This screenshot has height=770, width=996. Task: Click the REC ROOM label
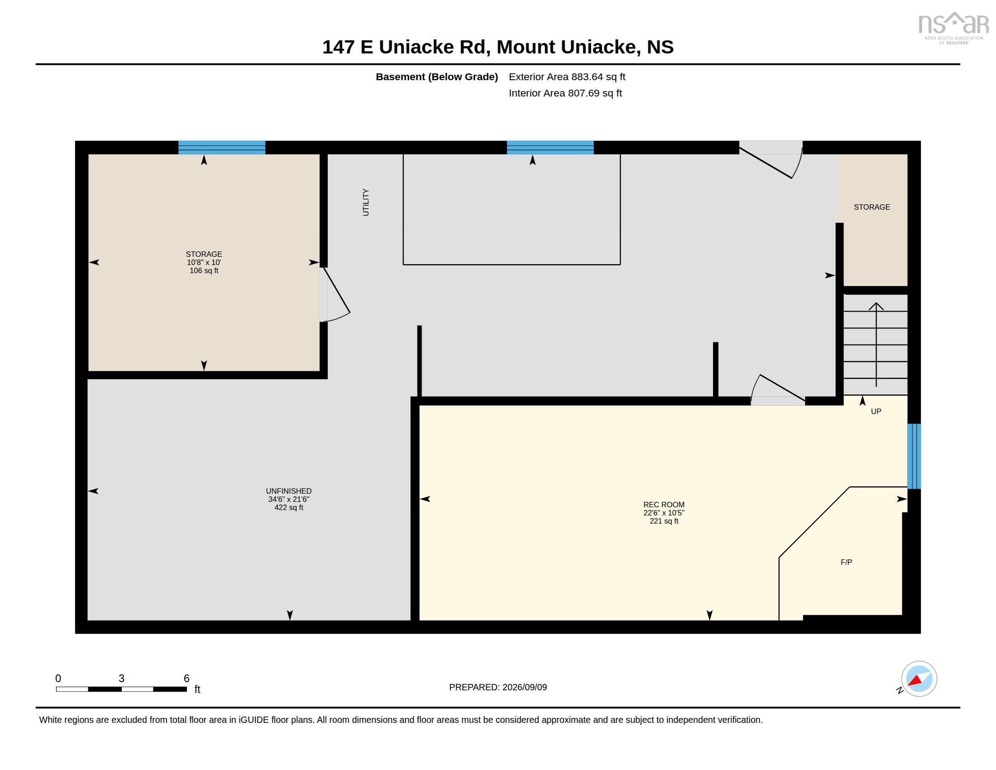coord(664,505)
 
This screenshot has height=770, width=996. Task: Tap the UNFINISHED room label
coord(289,491)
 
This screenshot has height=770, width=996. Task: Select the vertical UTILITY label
coord(366,202)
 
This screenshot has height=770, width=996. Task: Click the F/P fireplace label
coord(846,562)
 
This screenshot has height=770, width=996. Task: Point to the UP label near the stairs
coord(876,411)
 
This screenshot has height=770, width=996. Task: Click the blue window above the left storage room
coord(222,147)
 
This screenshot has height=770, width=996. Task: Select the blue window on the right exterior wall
coord(914,456)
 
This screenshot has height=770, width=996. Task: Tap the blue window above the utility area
coord(550,147)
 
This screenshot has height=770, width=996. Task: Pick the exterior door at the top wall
coord(771,159)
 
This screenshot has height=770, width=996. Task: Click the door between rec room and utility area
coord(778,390)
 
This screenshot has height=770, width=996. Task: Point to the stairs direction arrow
coord(876,344)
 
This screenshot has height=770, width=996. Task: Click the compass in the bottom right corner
coord(919,679)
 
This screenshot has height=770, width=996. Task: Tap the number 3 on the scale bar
coord(121,679)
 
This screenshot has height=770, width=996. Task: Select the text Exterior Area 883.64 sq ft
coord(567,77)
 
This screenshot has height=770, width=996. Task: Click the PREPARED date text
coord(498,687)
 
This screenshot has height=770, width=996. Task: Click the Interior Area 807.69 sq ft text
coord(565,93)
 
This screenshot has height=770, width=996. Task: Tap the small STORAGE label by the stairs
coord(871,207)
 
